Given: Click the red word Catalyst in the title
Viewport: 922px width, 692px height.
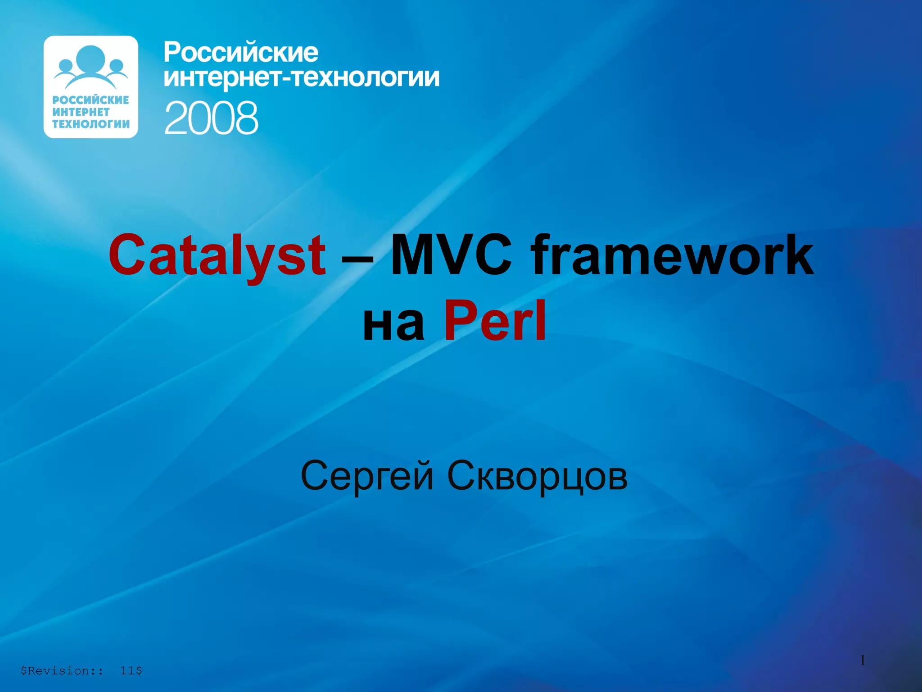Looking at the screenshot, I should [x=217, y=256].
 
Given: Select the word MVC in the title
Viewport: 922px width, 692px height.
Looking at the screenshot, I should [x=451, y=255].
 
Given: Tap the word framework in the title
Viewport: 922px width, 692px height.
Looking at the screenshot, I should [x=673, y=255].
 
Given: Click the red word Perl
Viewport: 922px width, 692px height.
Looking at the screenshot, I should [x=495, y=321].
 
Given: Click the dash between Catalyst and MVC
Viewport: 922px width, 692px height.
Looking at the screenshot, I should [x=357, y=259].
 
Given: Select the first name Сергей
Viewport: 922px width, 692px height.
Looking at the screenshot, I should [x=367, y=477].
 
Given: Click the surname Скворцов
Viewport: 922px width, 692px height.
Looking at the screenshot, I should [x=537, y=477].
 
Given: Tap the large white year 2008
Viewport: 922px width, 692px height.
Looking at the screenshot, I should [x=211, y=118].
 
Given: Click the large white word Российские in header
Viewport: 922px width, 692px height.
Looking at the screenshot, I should [x=241, y=53].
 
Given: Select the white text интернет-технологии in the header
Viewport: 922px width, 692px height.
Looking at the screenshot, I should [x=301, y=77].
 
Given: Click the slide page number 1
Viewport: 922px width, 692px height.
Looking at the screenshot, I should [x=863, y=660].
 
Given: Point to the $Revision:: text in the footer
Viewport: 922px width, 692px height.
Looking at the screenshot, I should [x=62, y=671].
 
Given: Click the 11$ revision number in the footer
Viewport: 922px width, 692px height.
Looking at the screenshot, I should [x=131, y=671].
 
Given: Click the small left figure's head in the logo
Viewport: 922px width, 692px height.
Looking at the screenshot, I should [x=66, y=66].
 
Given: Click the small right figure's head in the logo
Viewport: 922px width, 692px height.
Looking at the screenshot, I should [x=116, y=66].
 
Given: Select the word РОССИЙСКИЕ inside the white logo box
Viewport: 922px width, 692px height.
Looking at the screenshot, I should [x=90, y=100].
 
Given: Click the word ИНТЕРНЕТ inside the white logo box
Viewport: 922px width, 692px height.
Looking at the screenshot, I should [x=81, y=112].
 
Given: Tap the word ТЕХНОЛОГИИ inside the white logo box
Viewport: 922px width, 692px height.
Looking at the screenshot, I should [x=90, y=124].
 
